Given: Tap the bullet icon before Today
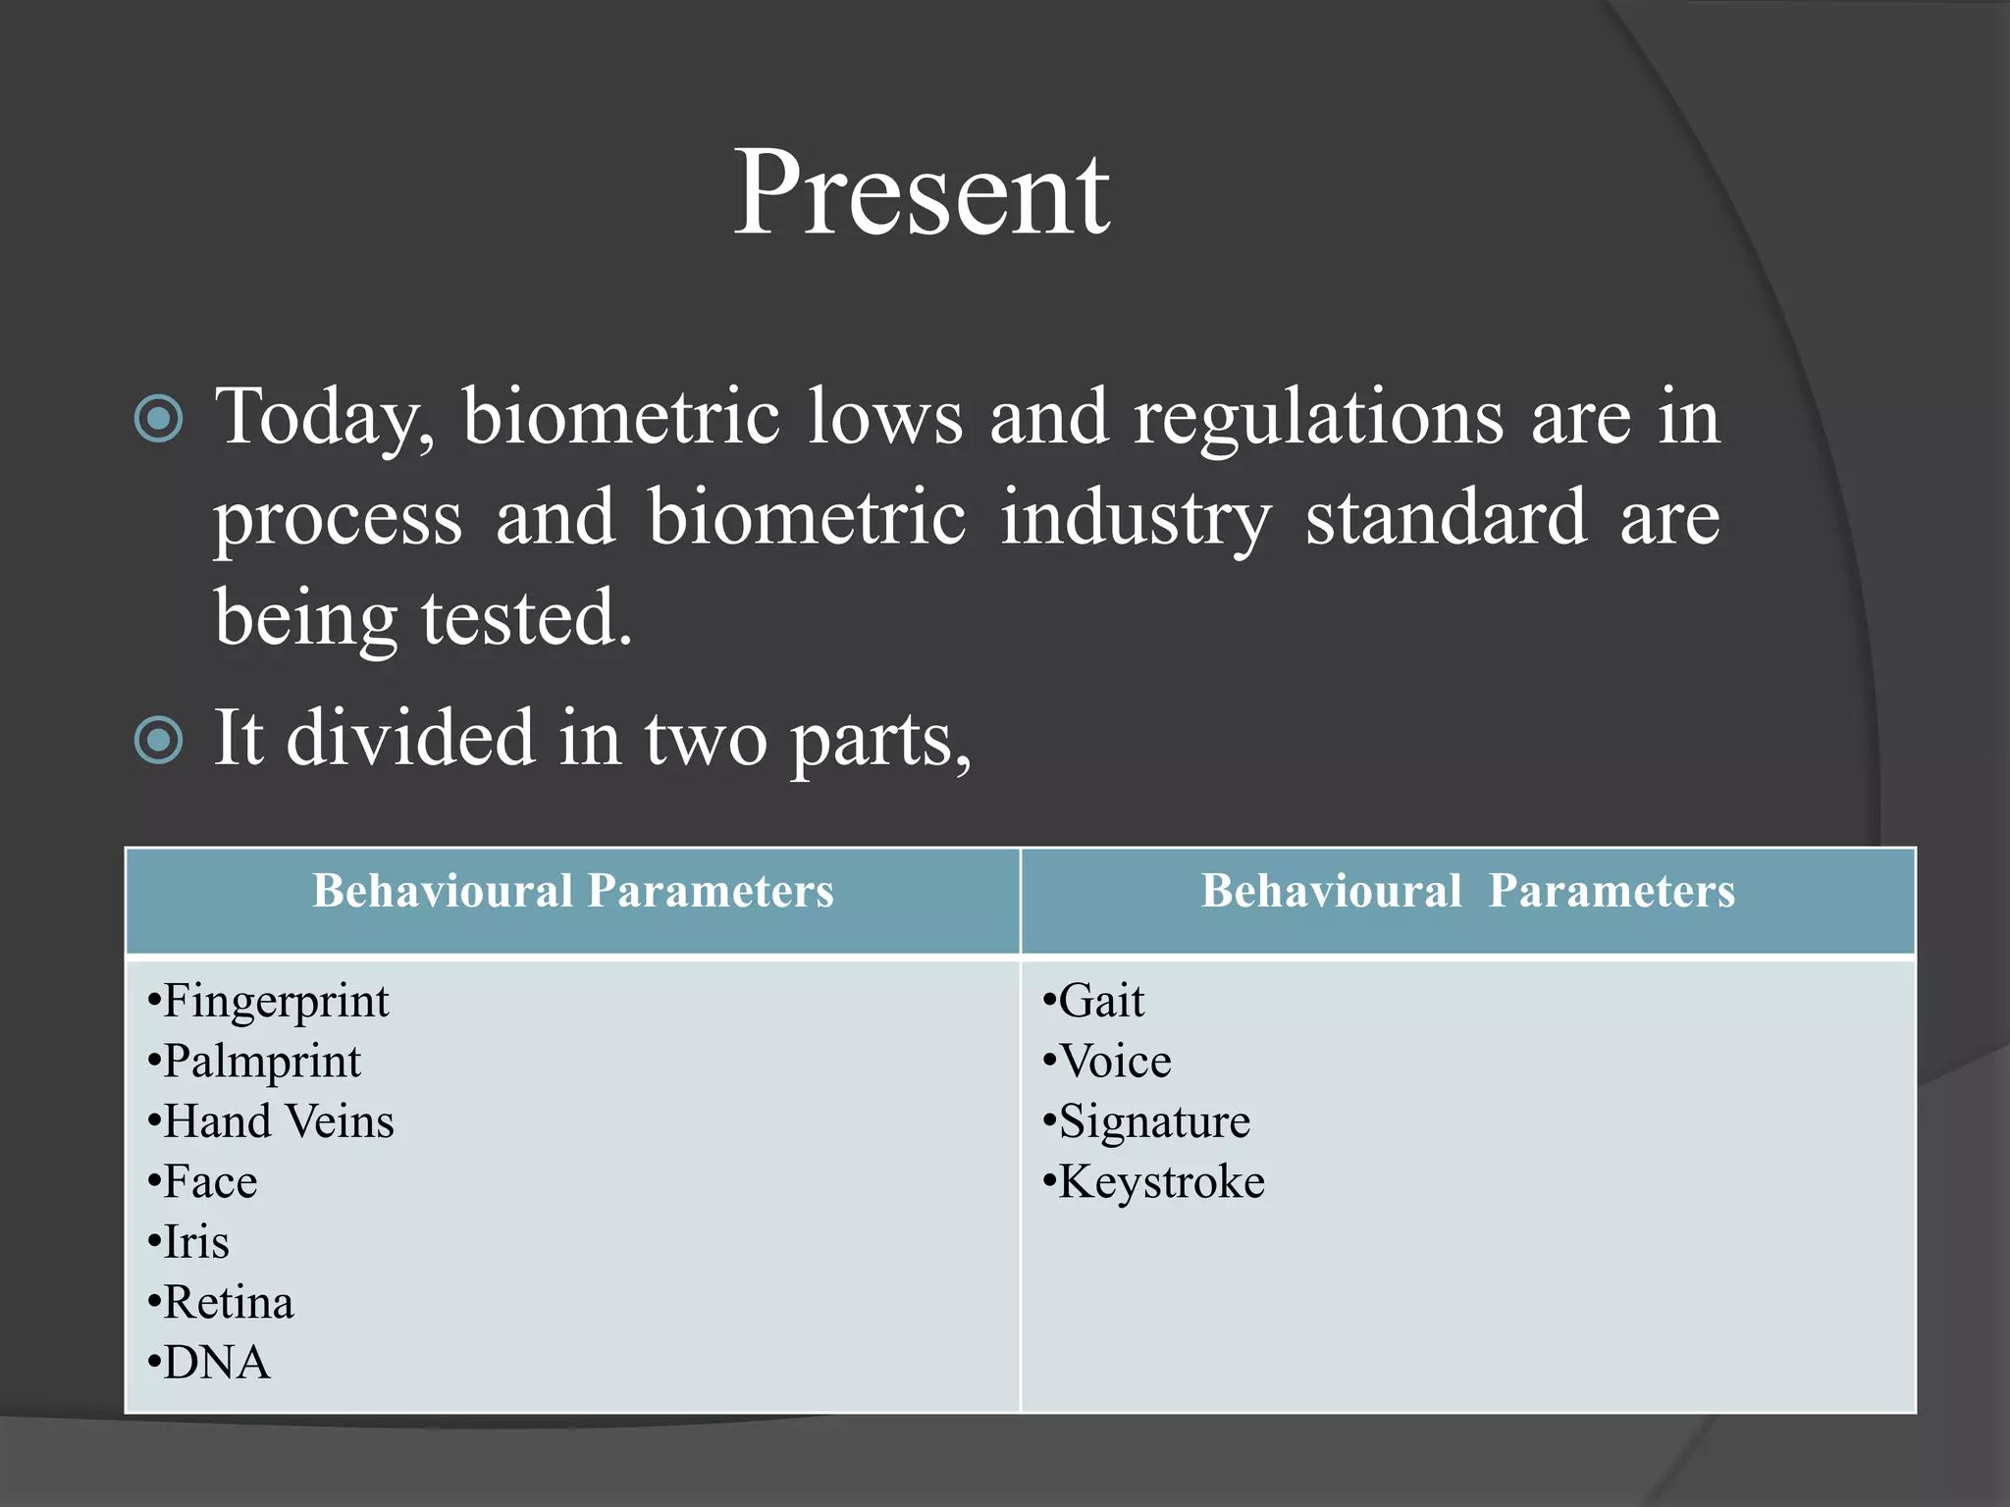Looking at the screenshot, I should [x=158, y=419].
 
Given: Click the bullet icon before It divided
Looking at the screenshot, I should [x=158, y=740].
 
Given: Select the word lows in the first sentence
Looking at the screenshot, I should [x=885, y=417].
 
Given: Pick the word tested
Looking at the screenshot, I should [x=526, y=618].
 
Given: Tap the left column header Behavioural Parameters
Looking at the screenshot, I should [x=573, y=892].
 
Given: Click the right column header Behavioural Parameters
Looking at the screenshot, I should [x=1467, y=892].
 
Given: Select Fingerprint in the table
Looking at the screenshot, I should [x=276, y=1002].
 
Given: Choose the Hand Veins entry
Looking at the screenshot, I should [x=278, y=1121].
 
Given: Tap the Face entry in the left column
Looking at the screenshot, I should [x=209, y=1182].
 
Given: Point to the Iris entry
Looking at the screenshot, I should [x=195, y=1242].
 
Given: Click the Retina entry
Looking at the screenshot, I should [x=228, y=1303].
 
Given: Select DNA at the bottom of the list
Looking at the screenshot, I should [x=216, y=1364].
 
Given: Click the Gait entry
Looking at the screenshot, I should [x=1100, y=1002].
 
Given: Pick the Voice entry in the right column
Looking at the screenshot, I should [x=1114, y=1062].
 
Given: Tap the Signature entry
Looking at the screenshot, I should [x=1154, y=1122].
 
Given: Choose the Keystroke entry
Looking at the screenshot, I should [x=1161, y=1182].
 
